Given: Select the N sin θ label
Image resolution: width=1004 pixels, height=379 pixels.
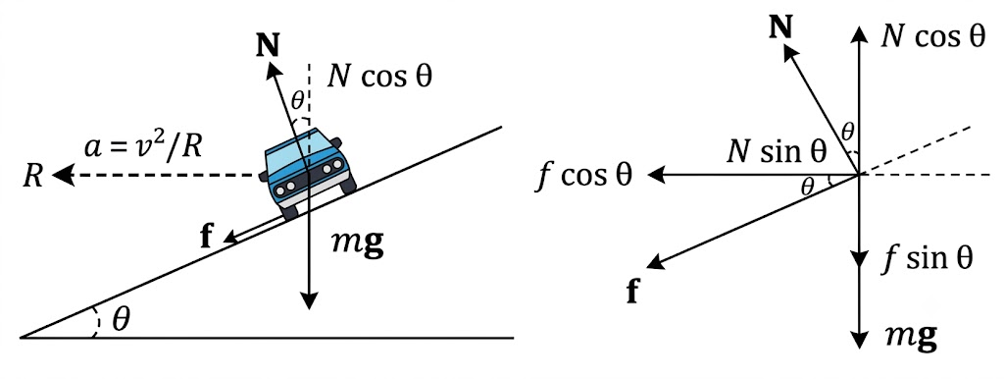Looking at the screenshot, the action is (777, 152).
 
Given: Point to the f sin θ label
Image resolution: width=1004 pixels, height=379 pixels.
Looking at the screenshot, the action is (924, 258).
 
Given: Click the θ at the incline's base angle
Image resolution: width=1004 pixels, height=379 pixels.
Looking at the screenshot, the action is (121, 319).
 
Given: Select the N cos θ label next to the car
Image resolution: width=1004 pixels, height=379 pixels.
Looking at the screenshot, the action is (379, 77).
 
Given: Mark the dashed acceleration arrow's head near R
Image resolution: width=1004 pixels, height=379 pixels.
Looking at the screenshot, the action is (62, 175).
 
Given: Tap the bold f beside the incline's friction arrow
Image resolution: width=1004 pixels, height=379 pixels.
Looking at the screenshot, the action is (207, 238).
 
